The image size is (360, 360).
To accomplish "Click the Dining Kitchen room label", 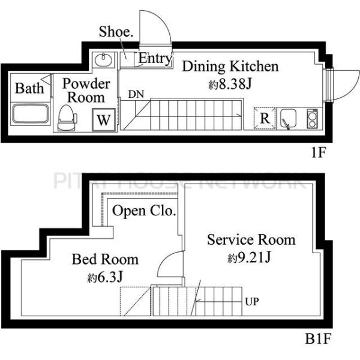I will click(230, 66).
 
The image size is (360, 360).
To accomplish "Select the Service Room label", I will click(251, 240).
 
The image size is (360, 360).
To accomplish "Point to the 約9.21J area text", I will click(251, 259).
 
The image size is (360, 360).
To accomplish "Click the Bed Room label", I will click(105, 259).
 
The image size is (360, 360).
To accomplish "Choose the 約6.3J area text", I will click(109, 278).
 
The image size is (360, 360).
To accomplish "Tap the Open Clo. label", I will click(144, 211).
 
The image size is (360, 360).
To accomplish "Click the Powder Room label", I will click(86, 90).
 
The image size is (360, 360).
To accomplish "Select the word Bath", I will click(29, 89).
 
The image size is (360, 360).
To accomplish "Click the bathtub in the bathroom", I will click(30, 114).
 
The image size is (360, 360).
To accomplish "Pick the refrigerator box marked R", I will click(265, 118).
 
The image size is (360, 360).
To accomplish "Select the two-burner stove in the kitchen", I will click(312, 118).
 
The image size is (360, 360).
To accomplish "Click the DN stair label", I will click(135, 94).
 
